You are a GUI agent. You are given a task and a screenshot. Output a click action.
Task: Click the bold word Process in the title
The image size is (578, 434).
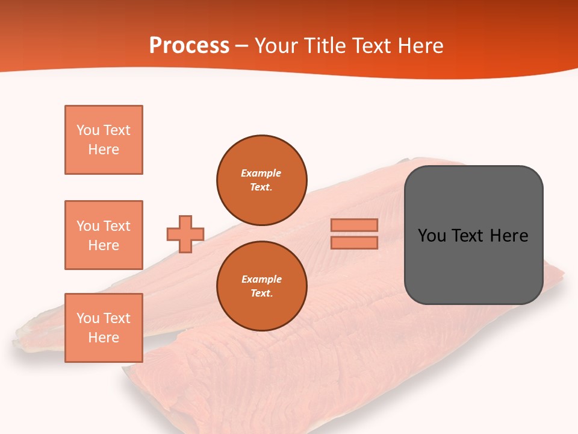tap(189, 46)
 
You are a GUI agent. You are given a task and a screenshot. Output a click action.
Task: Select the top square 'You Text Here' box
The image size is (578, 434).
tap(104, 140)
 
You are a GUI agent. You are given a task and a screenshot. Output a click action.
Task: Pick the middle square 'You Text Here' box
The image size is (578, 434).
tap(104, 235)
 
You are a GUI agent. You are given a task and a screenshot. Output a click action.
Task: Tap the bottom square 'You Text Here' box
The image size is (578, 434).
tap(104, 328)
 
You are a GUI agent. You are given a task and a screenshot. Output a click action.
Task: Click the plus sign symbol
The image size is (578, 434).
tap(185, 234)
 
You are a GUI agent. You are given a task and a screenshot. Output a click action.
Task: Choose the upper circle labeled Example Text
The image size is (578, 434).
tap(262, 180)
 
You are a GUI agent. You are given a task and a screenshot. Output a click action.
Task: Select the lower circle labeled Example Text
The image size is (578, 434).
tap(262, 286)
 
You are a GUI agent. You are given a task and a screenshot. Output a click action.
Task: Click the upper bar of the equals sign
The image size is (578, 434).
tap(355, 225)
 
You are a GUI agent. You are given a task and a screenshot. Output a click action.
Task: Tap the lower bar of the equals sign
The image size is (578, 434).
tap(355, 242)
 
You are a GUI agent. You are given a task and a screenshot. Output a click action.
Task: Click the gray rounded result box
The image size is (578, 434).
tap(473, 265)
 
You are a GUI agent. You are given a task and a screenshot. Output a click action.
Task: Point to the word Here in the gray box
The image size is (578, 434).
tap(509, 236)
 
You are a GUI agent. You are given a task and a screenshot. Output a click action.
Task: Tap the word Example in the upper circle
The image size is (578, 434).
tap(261, 173)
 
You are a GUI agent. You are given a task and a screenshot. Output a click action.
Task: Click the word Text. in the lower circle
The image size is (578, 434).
tap(261, 294)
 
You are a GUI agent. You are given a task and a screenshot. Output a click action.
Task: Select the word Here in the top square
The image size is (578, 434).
tap(104, 149)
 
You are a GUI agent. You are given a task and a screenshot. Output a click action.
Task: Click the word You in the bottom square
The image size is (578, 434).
tap(88, 318)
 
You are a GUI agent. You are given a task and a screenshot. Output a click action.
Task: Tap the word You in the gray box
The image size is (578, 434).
tap(432, 236)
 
